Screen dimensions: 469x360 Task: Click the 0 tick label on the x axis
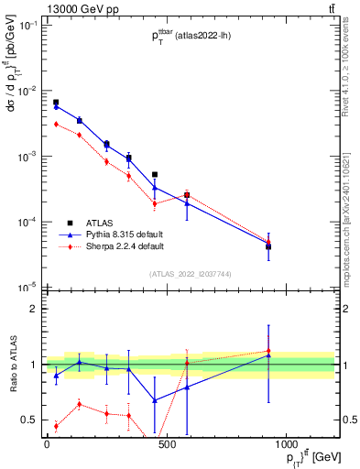pos(47,444)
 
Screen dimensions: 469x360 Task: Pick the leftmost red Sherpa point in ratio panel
pos(57,426)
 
